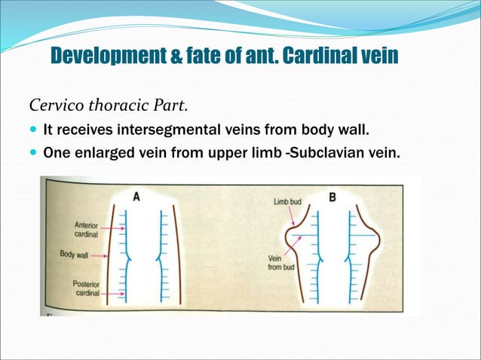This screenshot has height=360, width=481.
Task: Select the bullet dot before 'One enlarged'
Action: click(32, 153)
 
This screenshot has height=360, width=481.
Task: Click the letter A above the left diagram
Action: click(136, 197)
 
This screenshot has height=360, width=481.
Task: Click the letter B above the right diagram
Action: click(332, 197)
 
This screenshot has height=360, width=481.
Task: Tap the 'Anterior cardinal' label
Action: click(84, 228)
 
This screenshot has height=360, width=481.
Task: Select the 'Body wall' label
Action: click(74, 255)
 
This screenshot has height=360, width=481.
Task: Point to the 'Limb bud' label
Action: click(287, 201)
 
